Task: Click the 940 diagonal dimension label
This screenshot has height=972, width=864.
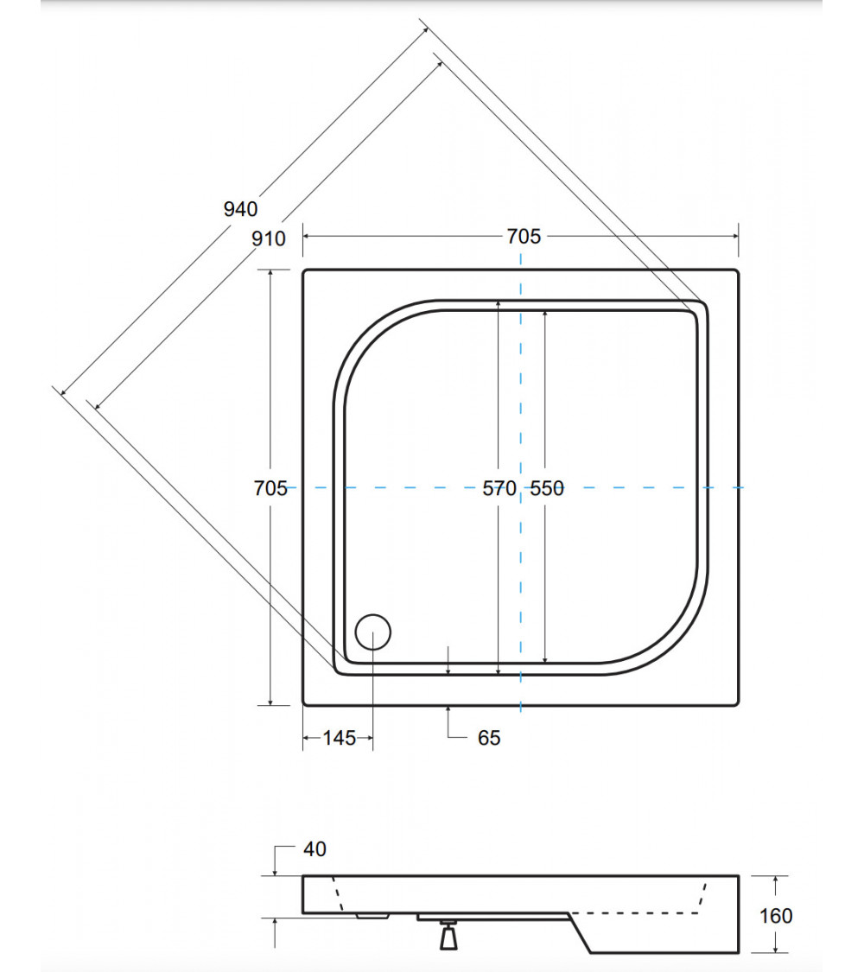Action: coord(240,208)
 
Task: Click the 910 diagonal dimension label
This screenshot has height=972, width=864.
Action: coord(269,238)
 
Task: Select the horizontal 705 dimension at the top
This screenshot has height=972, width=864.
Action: coord(524,236)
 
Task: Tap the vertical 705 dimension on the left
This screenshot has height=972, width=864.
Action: coord(270,488)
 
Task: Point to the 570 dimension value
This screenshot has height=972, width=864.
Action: coord(499,488)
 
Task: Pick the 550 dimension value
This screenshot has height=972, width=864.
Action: coord(546,488)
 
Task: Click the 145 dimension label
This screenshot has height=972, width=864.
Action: coord(339,738)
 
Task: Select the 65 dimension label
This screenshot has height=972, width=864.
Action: coord(489,738)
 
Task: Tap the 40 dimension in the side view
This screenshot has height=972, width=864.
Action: coord(315,849)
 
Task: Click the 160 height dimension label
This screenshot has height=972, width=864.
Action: coord(775,915)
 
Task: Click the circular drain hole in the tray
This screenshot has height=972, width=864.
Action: coord(373,631)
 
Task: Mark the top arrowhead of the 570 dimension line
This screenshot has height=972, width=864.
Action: coord(499,302)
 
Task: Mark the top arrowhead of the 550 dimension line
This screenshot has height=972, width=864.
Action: coord(546,314)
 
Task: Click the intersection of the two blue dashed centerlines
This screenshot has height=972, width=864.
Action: coord(520,488)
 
